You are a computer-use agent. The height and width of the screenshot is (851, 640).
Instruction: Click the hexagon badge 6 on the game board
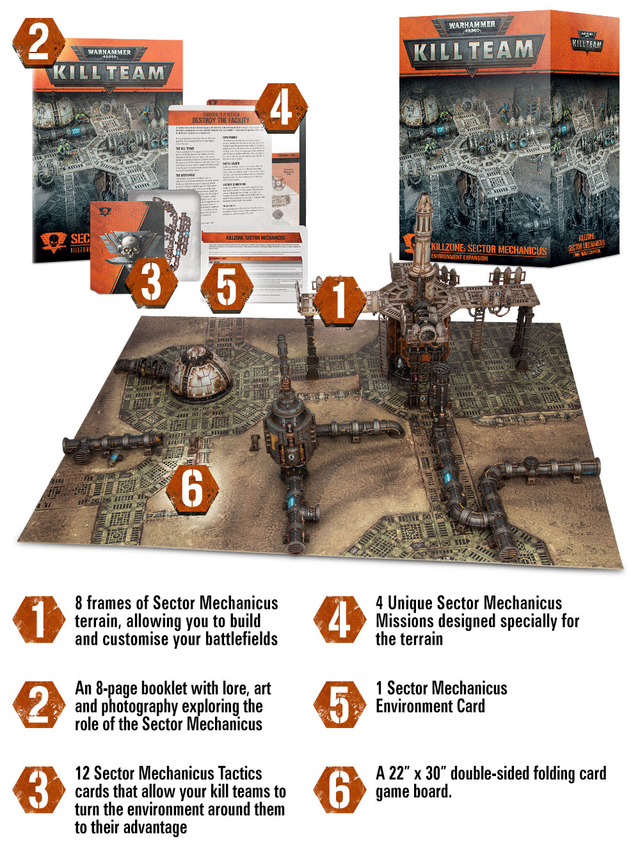[192, 489]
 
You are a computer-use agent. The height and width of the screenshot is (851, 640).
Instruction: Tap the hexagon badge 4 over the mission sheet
[281, 108]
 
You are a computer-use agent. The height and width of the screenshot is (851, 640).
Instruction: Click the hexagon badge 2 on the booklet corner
[38, 42]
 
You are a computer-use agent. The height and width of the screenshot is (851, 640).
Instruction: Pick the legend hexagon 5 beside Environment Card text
[339, 704]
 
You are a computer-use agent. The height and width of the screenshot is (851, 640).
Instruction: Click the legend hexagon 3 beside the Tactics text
[38, 790]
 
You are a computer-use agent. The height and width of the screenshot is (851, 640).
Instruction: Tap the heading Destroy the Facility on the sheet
[221, 120]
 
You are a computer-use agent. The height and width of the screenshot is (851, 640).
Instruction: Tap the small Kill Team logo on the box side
[586, 44]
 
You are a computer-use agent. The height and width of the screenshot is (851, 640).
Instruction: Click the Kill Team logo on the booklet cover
[109, 72]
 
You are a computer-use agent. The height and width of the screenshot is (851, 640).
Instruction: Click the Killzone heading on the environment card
[255, 238]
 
